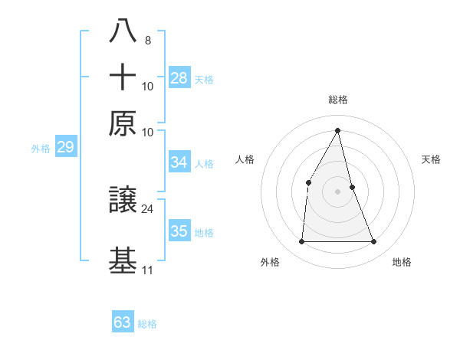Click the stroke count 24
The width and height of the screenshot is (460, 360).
click(x=148, y=208)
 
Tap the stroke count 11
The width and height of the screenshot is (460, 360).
click(x=147, y=270)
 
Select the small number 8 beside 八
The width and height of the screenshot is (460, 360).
click(x=147, y=40)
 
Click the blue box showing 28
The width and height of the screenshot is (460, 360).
click(x=179, y=78)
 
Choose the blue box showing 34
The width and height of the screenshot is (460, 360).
click(x=179, y=162)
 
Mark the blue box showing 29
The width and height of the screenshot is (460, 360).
click(x=65, y=147)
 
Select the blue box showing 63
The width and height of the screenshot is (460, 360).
click(x=123, y=322)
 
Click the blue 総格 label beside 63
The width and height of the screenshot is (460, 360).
click(x=147, y=324)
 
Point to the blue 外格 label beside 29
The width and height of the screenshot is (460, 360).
click(x=41, y=149)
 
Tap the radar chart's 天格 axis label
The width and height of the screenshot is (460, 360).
click(x=431, y=159)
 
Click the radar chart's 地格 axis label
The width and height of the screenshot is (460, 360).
click(x=402, y=262)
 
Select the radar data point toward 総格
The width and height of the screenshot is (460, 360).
click(x=338, y=129)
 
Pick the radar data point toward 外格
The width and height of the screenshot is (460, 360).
click(x=301, y=242)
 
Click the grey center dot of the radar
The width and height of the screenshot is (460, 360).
click(x=338, y=191)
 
